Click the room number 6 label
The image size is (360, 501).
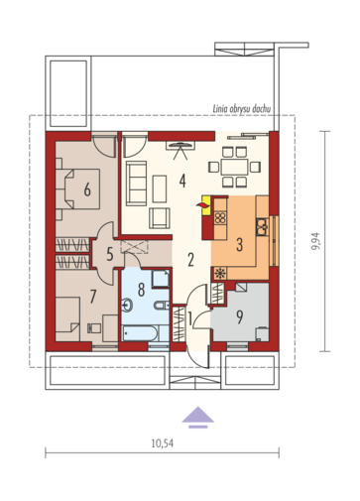[x=87, y=189]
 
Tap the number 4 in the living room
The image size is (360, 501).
[x=182, y=181]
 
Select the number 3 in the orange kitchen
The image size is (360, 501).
[x=240, y=244]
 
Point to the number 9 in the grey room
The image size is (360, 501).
[x=240, y=316]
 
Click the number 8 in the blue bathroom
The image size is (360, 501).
[x=141, y=290]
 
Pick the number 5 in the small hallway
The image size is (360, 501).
[x=110, y=254]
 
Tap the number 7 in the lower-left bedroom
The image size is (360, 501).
[x=93, y=297]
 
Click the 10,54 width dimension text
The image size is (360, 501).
[x=163, y=443]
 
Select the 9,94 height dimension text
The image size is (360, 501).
[x=315, y=241]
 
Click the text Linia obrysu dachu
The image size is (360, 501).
[x=241, y=109]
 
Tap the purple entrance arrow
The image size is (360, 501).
[x=197, y=417]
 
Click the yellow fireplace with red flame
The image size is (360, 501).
[x=205, y=205]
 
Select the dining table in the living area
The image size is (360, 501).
[x=234, y=167]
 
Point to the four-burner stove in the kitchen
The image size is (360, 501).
[x=220, y=217]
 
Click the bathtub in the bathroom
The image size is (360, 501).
[x=139, y=333]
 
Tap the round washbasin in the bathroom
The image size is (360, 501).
[x=127, y=306]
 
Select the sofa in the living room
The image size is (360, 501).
[x=136, y=184]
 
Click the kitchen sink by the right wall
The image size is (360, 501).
[x=262, y=226]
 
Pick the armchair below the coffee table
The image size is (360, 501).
[x=160, y=218]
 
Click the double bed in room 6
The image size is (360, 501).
[x=77, y=188]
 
